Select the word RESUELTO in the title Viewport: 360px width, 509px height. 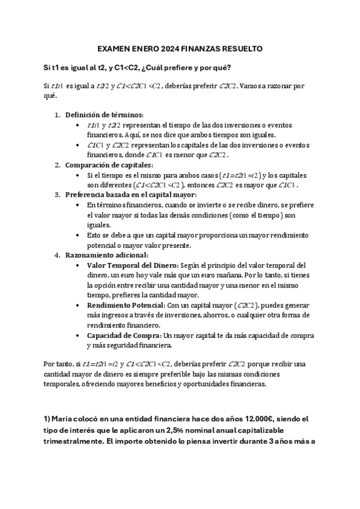[241, 49]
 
